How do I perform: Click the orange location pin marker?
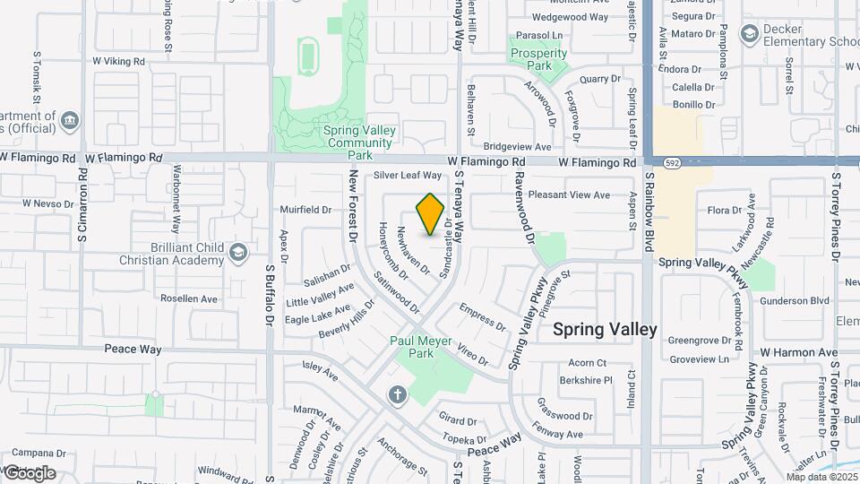click(x=431, y=214)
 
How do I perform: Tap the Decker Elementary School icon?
click(x=749, y=34)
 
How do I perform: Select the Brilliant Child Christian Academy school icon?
click(x=237, y=253)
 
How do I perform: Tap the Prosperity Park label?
click(x=538, y=59)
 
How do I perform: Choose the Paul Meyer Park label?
click(x=412, y=347)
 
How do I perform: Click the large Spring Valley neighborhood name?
click(x=605, y=329)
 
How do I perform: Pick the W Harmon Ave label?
click(x=799, y=352)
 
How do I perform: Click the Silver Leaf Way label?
click(x=408, y=176)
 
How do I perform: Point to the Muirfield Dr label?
click(x=305, y=210)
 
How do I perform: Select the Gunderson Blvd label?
click(x=795, y=301)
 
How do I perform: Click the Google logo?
click(x=29, y=473)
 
